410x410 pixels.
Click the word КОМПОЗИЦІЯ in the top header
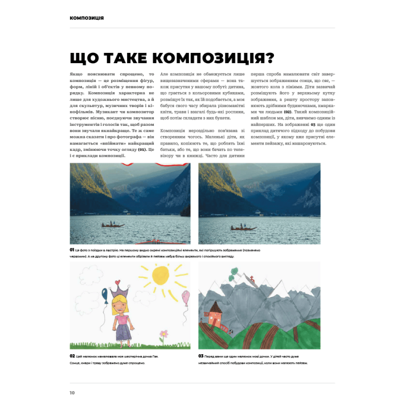(x=87, y=18)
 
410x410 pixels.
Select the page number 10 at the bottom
(x=72, y=392)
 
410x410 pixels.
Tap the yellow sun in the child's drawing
(x=161, y=277)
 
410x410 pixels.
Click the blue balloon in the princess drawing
(x=105, y=293)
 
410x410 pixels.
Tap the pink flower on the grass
(x=164, y=333)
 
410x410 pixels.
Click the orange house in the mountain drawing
(x=215, y=313)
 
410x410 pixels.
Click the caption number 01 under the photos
(x=72, y=250)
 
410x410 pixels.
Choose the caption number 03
(x=201, y=356)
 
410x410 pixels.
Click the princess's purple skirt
(x=122, y=330)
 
